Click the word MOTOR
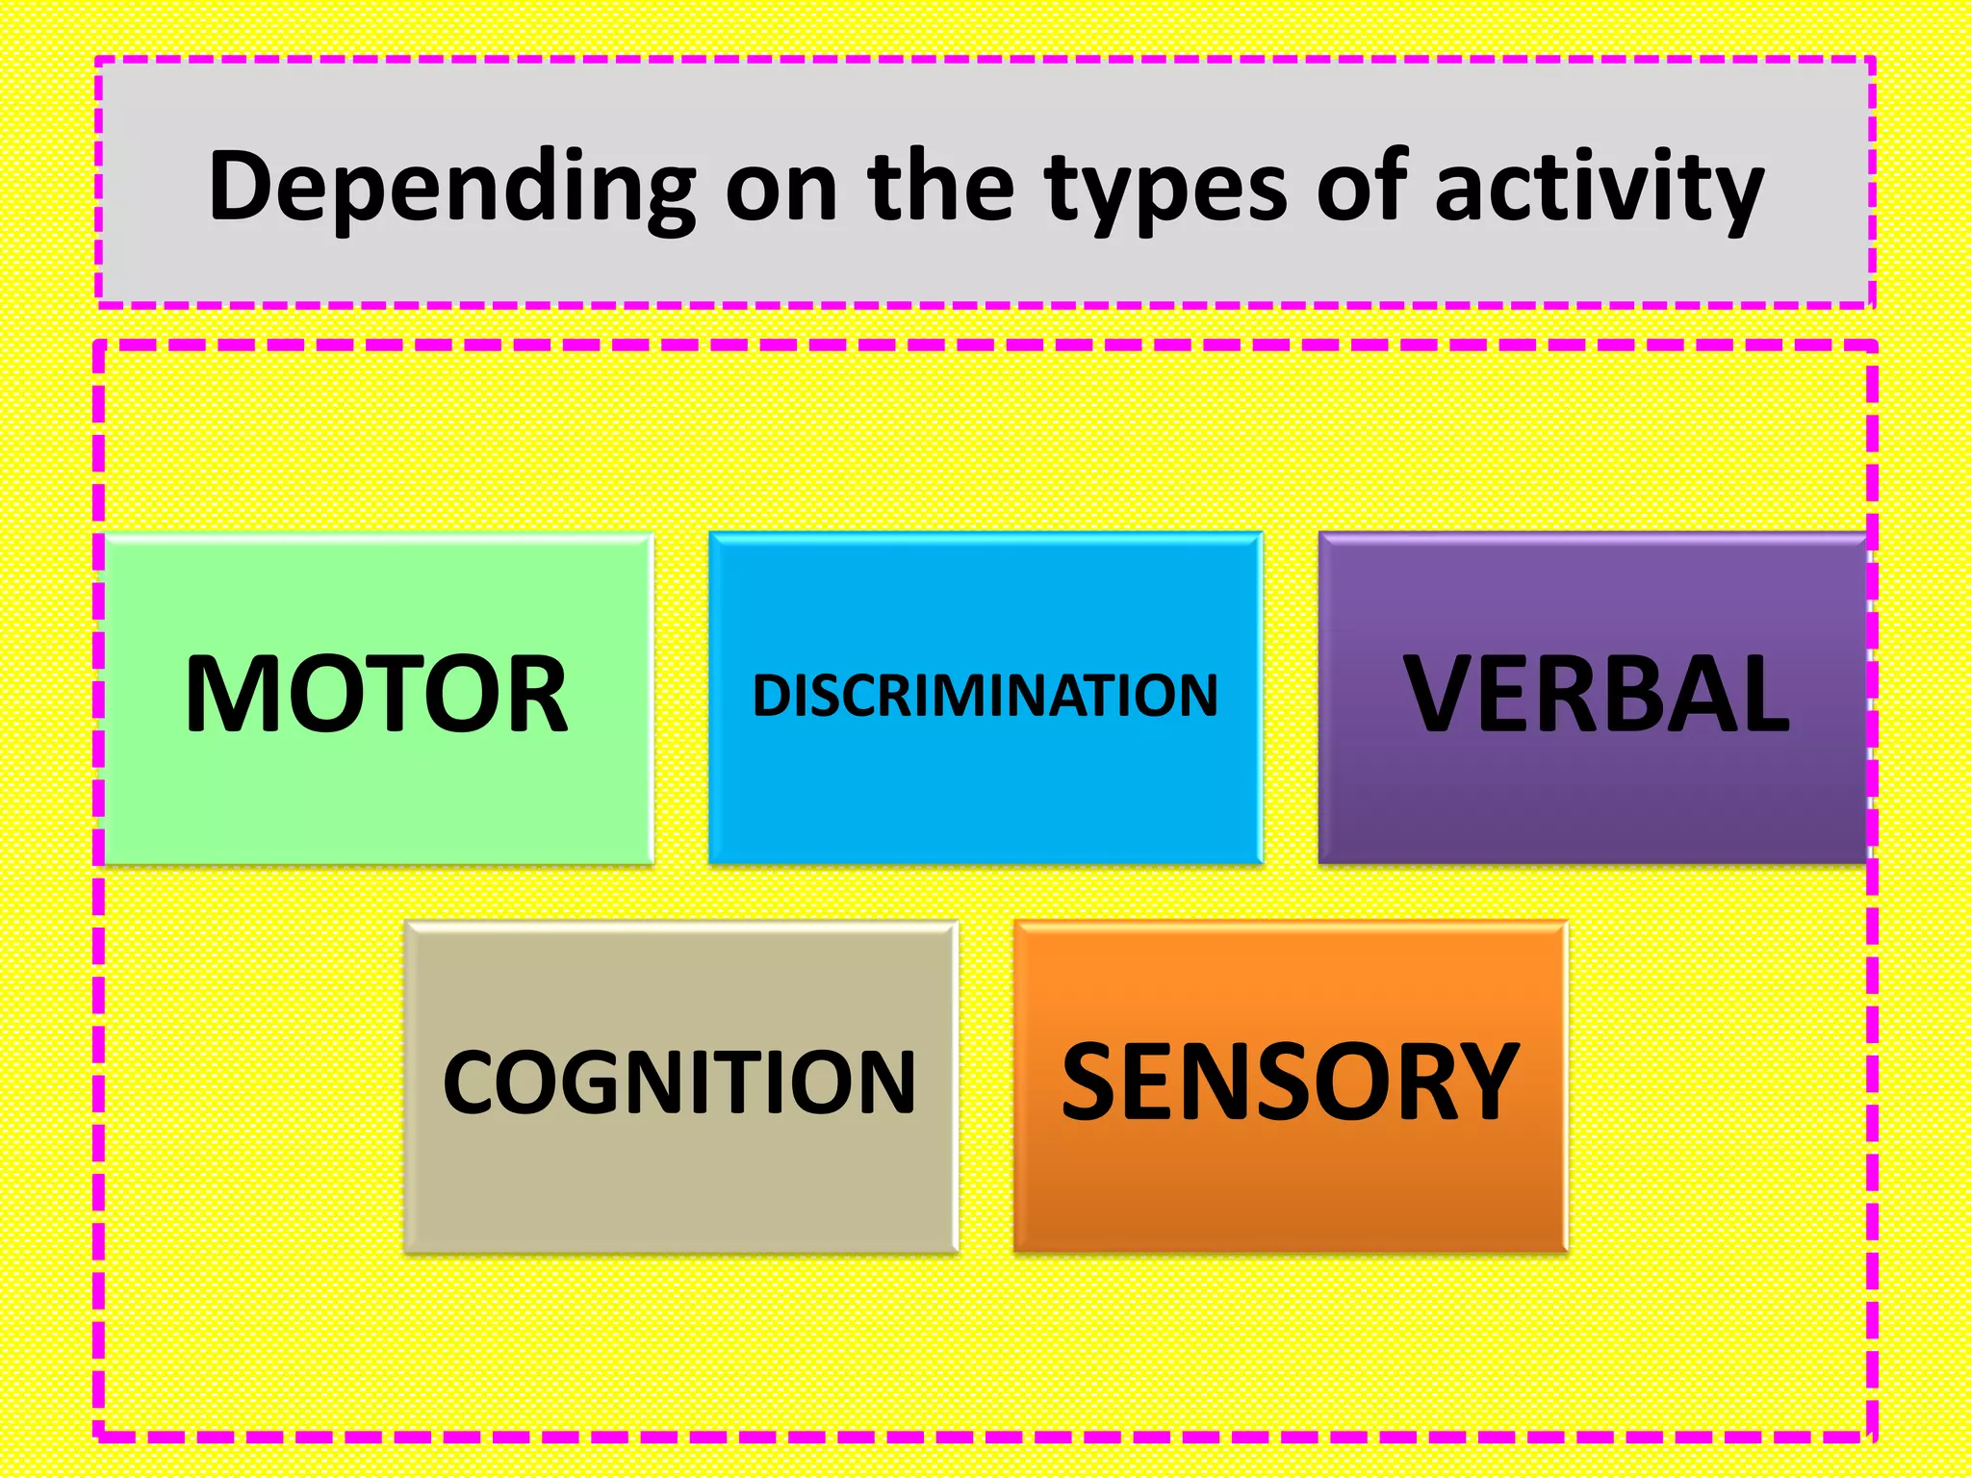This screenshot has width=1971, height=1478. coord(376,694)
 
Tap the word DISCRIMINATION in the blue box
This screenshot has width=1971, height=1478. coord(985,695)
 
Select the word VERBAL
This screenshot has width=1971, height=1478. coord(1596,694)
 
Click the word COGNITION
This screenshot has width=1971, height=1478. coord(679,1083)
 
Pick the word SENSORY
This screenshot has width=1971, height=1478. coord(1290,1083)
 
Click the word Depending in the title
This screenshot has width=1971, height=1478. coord(452,188)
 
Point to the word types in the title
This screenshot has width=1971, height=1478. coord(1165,188)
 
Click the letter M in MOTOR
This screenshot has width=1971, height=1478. coord(228,694)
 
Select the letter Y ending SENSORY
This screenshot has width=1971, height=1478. coord(1488,1083)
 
